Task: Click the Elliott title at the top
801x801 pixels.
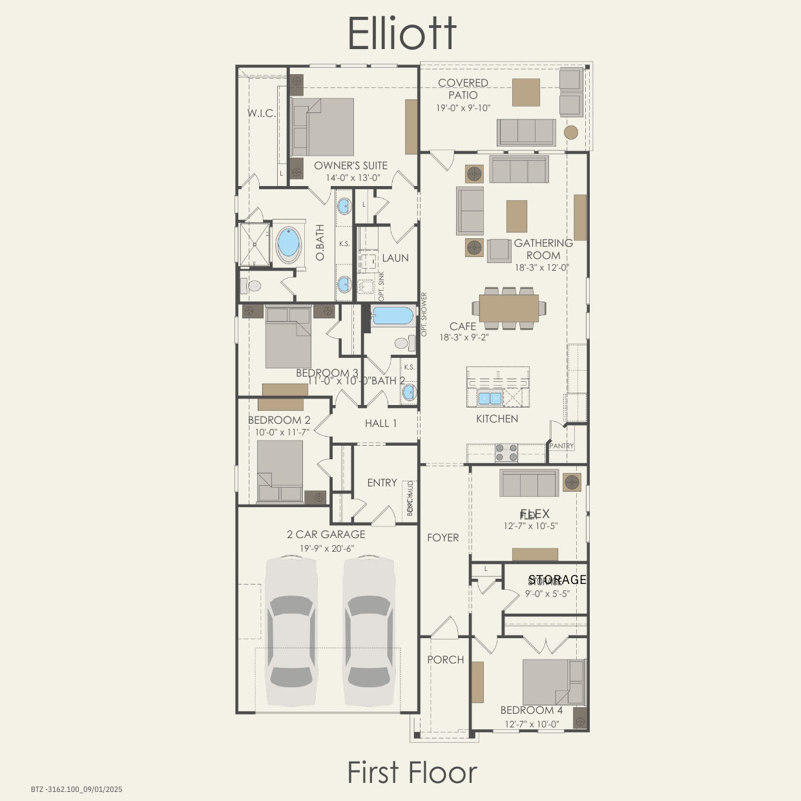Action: pyautogui.click(x=402, y=33)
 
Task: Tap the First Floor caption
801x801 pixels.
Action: pyautogui.click(x=412, y=772)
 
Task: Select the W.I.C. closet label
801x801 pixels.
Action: pyautogui.click(x=261, y=113)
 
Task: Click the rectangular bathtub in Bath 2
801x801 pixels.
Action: pyautogui.click(x=391, y=316)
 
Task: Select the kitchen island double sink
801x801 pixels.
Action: pyautogui.click(x=490, y=397)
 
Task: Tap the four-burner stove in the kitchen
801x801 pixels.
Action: pyautogui.click(x=506, y=452)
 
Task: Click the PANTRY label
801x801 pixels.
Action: pyautogui.click(x=561, y=446)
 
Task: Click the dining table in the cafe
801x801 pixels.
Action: pyautogui.click(x=509, y=308)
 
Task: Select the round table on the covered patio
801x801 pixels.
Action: pyautogui.click(x=571, y=132)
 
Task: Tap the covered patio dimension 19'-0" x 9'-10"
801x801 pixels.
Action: pyautogui.click(x=463, y=108)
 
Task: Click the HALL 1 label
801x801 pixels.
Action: pyautogui.click(x=380, y=423)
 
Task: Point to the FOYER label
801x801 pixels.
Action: pyautogui.click(x=442, y=537)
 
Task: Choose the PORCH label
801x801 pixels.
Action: pyautogui.click(x=445, y=660)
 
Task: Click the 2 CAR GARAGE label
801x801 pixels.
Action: pyautogui.click(x=326, y=534)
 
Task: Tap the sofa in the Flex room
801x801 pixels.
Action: pyautogui.click(x=529, y=483)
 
